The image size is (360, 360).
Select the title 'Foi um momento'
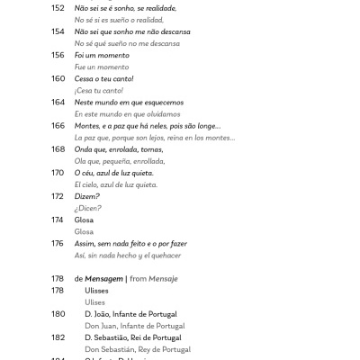tap(101, 55)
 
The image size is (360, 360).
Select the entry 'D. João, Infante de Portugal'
tap(135, 314)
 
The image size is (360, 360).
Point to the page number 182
tap(58, 337)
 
